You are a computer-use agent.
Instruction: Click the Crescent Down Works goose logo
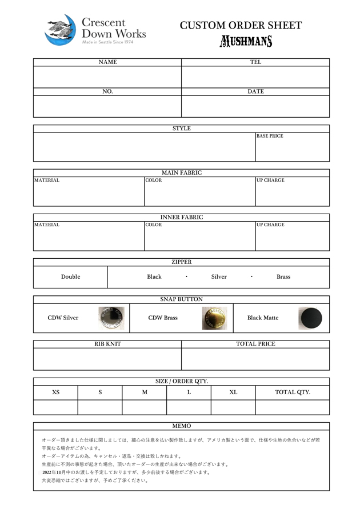[x=61, y=30]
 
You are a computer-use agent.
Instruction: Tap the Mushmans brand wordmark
[x=246, y=41]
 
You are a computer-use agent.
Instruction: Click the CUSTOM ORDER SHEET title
[x=241, y=25]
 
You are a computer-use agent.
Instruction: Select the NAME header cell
[x=107, y=62]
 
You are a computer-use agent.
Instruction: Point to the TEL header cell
[x=255, y=62]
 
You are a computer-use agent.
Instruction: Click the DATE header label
[x=255, y=91]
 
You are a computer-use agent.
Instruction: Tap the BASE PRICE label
[x=270, y=137]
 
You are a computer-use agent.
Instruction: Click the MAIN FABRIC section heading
[x=182, y=173]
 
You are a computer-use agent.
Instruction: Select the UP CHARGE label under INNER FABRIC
[x=270, y=225]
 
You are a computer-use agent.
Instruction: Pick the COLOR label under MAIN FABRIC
[x=153, y=181]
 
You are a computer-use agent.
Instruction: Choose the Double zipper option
[x=71, y=277]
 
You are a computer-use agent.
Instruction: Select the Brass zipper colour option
[x=283, y=277]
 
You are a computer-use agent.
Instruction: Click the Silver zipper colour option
[x=219, y=277]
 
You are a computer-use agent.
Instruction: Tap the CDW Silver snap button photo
[x=111, y=318]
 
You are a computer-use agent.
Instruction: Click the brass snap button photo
[x=214, y=318]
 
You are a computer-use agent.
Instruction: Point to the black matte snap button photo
[x=311, y=318]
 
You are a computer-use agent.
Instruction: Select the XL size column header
[x=233, y=392]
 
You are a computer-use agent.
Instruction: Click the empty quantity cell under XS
[x=55, y=407]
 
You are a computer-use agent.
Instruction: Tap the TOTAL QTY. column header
[x=293, y=392]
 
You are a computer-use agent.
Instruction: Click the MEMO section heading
[x=182, y=426]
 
